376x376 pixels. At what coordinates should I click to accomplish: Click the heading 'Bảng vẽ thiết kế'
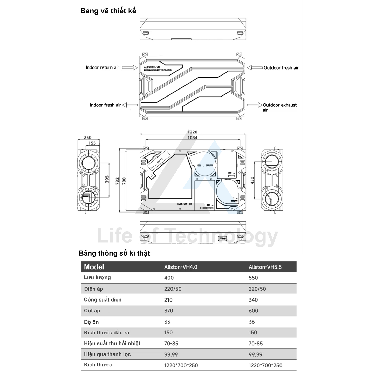108,11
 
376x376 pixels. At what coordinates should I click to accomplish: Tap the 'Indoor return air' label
102,68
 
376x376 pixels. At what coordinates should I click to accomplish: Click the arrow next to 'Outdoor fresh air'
255,68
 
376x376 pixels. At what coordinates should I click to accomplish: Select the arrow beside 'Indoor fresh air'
130,105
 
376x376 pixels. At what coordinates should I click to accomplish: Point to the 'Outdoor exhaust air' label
279,107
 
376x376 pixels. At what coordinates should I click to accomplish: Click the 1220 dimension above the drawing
192,132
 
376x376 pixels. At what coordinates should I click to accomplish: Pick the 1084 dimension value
192,138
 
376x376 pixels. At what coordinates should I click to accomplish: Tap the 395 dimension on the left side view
107,179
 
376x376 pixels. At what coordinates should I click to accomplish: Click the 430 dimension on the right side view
252,181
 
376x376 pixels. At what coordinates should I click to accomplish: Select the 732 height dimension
117,181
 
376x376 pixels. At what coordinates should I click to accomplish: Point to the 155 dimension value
92,143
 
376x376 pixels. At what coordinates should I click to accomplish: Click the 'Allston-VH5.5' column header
265,267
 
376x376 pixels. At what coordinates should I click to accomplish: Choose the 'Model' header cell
94,267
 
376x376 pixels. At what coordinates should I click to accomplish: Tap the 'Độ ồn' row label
91,322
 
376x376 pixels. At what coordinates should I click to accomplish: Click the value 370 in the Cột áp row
169,311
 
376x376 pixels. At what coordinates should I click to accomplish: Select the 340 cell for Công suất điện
253,300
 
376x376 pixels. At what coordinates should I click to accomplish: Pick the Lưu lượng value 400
169,278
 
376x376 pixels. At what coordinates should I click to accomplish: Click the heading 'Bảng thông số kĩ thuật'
114,254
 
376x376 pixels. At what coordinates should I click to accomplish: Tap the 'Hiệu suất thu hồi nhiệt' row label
112,344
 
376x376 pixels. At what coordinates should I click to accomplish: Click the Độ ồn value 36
252,322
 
